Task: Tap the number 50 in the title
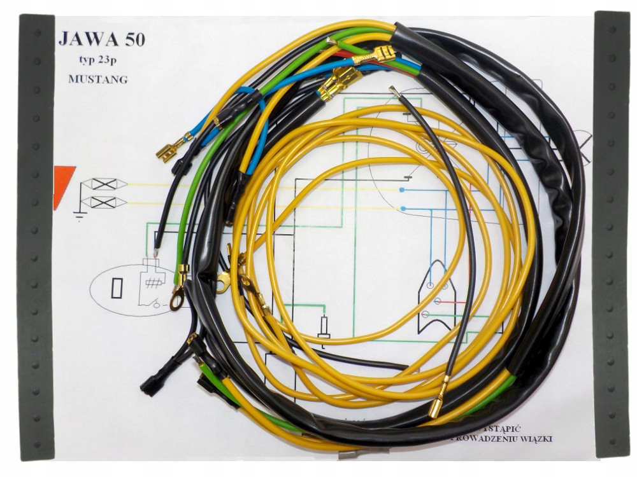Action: pos(131,39)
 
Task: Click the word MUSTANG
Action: pos(97,79)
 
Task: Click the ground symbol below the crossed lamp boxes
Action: pos(79,216)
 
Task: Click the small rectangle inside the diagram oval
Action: pos(117,288)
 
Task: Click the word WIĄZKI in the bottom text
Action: pos(535,438)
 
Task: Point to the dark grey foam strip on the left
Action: pos(37,235)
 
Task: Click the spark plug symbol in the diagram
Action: pos(324,328)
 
